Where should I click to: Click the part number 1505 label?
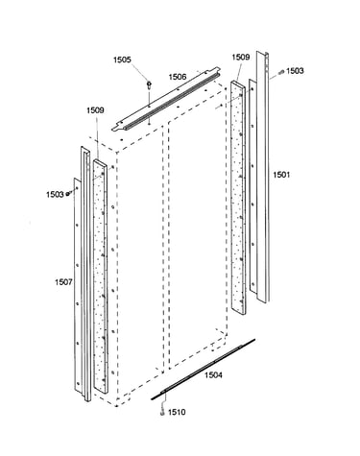pos(122,60)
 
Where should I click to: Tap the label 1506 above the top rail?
pos(178,77)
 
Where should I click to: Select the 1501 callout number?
pos(281,175)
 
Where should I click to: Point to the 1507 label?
pos(63,282)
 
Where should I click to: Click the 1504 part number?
pos(213,374)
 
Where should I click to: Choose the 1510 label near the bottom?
pos(177,412)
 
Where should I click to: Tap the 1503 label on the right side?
pos(295,71)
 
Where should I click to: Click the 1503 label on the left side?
pos(55,194)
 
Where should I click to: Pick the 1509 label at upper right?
pos(241,57)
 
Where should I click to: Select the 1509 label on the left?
pos(95,110)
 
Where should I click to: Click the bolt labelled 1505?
pos(149,84)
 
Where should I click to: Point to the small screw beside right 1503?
pos(281,72)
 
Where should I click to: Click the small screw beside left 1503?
pos(67,194)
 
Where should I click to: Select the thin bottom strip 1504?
pos(203,369)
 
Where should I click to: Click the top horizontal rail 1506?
pos(166,99)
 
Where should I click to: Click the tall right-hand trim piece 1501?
pos(262,176)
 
